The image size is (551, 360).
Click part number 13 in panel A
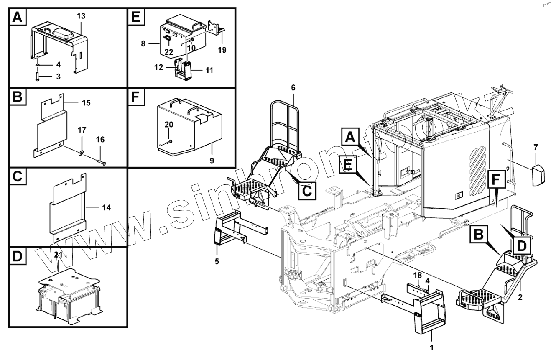81,15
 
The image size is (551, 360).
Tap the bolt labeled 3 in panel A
37,77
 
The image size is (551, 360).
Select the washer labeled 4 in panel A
37,65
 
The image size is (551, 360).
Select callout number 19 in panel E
222,50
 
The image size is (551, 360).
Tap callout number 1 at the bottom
432,347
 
